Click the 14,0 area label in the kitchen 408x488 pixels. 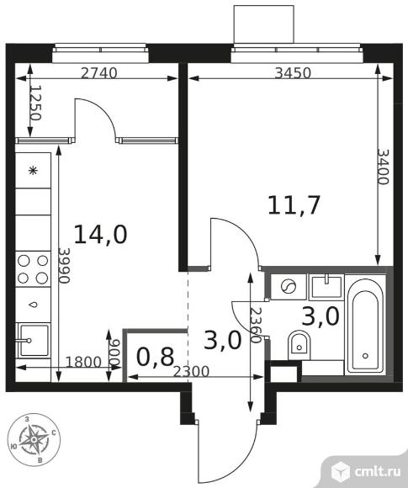pyautogui.click(x=100, y=233)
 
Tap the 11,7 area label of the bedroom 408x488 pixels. pyautogui.click(x=294, y=204)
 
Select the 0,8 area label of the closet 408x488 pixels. pyautogui.click(x=155, y=357)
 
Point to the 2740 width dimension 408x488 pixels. pyautogui.click(x=99, y=73)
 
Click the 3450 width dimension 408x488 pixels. pyautogui.click(x=294, y=73)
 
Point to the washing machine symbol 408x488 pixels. pyautogui.click(x=287, y=287)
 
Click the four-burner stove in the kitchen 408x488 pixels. pyautogui.click(x=33, y=268)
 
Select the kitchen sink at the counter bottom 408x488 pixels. pyautogui.click(x=33, y=341)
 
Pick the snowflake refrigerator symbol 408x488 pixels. pyautogui.click(x=34, y=171)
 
